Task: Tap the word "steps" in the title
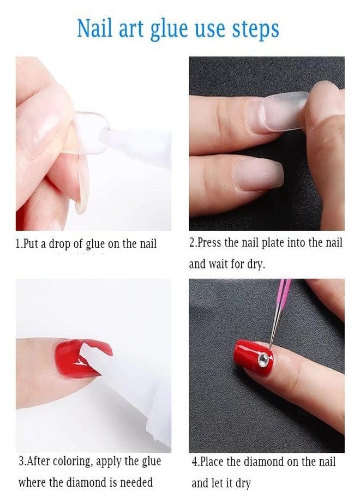(253, 28)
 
